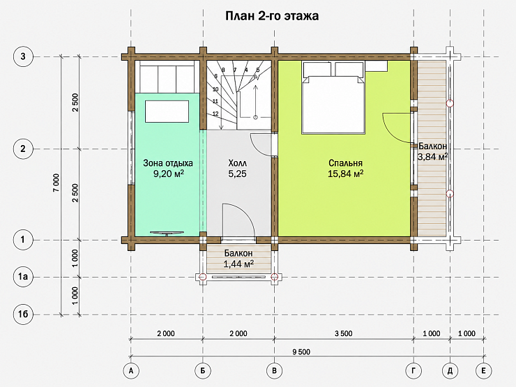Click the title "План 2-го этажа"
click(272, 16)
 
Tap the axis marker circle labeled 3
click(23, 56)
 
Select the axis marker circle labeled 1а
click(23, 277)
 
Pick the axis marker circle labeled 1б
click(23, 314)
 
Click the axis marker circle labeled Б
click(203, 371)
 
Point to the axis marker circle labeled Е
click(483, 371)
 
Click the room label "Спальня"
click(346, 163)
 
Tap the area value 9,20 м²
click(168, 174)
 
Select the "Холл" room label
click(237, 163)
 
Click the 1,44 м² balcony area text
click(238, 264)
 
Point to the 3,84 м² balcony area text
click(432, 157)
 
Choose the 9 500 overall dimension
click(301, 352)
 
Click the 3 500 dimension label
click(344, 334)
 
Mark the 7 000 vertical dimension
click(56, 183)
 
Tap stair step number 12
click(215, 114)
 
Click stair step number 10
click(215, 89)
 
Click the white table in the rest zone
click(167, 112)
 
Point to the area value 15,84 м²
click(346, 174)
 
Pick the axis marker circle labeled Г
click(413, 371)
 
